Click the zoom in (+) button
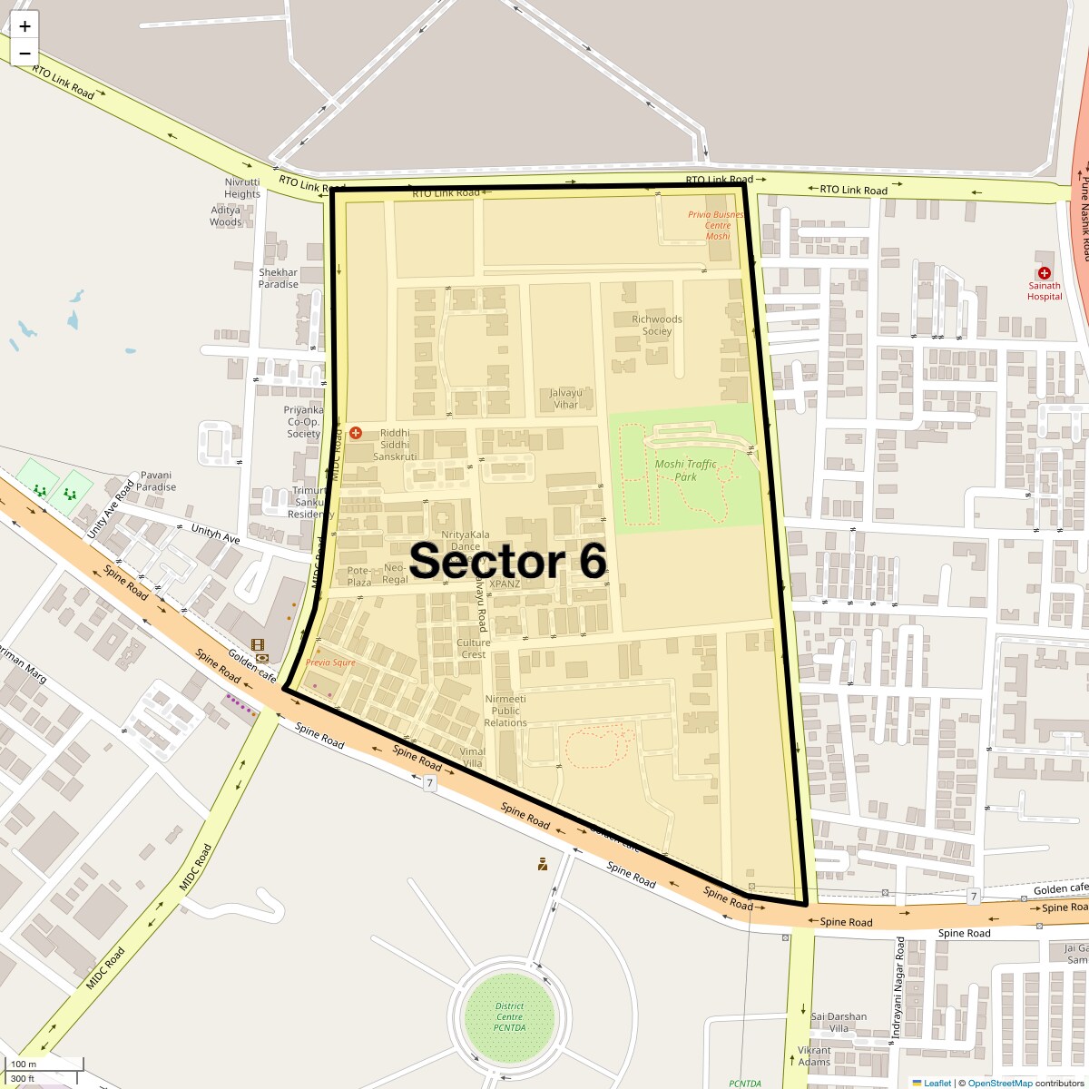coord(25,26)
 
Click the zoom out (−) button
coord(25,53)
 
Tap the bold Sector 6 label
coord(507,561)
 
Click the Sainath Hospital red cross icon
coord(1045,273)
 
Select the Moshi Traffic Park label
coord(685,470)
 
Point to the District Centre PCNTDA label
coord(509,1016)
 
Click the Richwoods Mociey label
coord(657,325)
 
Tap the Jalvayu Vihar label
coord(565,398)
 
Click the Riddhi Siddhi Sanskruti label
coord(395,445)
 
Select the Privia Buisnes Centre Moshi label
coord(717,225)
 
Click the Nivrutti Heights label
coord(242,188)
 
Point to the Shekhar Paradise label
coord(278,278)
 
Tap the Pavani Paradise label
coord(156,481)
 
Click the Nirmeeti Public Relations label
coord(505,711)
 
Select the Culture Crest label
coord(474,648)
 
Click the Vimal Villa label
coord(473,757)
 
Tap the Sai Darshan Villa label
coord(839,1022)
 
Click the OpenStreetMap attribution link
coord(999,1083)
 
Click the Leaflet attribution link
coord(937,1083)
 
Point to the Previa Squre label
coord(330,662)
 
